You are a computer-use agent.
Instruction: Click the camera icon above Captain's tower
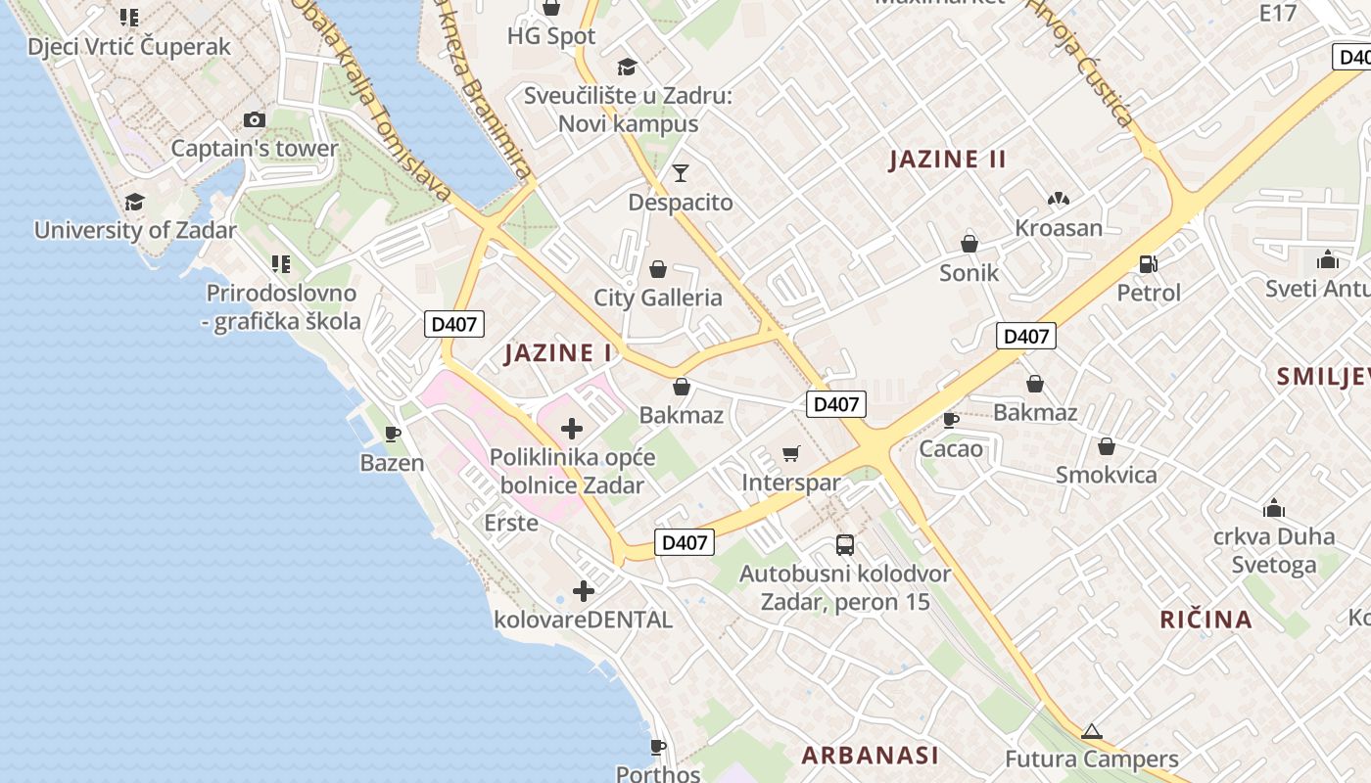255,120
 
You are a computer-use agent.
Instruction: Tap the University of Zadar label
135,231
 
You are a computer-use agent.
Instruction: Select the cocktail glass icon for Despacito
681,174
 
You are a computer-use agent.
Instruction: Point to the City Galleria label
658,298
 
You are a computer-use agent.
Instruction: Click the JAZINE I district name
558,353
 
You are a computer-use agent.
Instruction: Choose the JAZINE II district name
947,160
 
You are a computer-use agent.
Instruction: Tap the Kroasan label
1059,228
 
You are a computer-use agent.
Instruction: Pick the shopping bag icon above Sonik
969,244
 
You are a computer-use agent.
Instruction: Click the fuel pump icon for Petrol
1149,263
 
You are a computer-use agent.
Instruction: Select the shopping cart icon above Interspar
791,453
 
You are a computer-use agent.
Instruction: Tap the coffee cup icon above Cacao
950,420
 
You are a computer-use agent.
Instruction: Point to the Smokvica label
1106,475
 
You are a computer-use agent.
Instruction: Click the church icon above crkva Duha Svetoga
1274,508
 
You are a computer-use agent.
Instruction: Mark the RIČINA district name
1206,619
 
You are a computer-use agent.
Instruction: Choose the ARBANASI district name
870,755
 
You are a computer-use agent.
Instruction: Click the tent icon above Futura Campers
1092,731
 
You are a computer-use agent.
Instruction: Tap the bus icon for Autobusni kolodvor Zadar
844,545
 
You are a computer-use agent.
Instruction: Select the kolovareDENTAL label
583,620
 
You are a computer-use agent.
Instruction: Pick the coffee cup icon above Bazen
393,434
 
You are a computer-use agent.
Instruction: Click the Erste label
511,523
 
